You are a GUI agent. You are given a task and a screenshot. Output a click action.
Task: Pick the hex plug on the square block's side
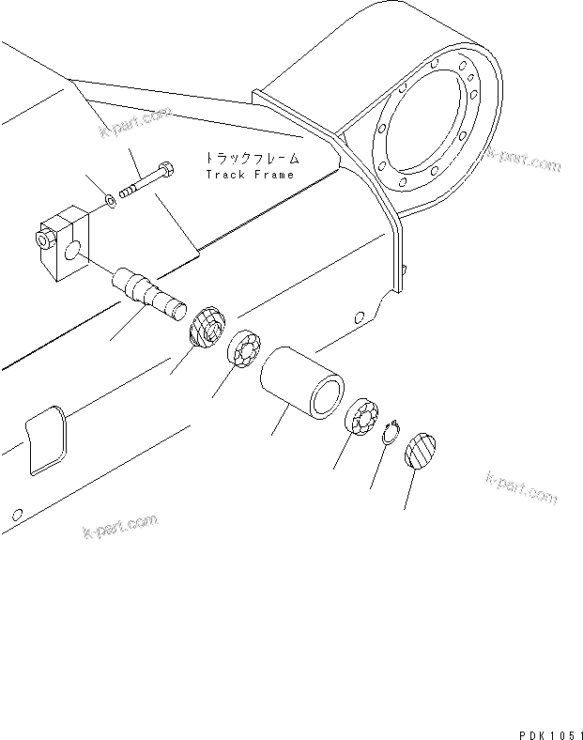43,239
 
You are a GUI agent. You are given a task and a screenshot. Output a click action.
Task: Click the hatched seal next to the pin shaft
206,327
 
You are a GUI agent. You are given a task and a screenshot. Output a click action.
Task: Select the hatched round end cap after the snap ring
422,451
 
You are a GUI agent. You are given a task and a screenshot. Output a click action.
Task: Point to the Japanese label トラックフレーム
249,159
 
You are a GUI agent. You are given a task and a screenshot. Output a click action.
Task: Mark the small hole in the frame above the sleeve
360,316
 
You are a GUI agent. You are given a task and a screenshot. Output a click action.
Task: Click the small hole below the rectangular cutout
15,514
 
